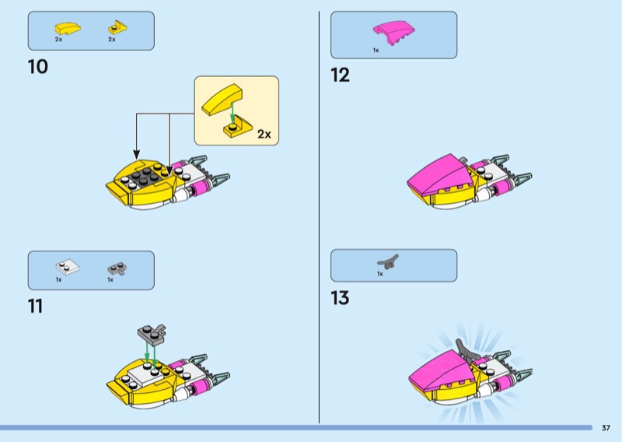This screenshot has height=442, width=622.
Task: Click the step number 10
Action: [37, 67]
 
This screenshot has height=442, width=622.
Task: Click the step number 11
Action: [35, 306]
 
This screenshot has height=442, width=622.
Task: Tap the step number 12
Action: [341, 75]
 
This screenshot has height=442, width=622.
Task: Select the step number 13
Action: [341, 298]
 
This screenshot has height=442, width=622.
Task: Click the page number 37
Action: [606, 428]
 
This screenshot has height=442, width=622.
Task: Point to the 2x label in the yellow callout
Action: [264, 134]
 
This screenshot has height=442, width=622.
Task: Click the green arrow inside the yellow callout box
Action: [232, 111]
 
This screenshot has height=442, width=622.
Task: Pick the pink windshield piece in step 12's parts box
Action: [393, 33]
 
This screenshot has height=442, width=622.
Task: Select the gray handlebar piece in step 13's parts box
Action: [388, 261]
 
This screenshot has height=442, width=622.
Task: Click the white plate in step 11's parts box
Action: [68, 267]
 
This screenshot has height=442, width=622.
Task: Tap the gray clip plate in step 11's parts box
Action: [117, 268]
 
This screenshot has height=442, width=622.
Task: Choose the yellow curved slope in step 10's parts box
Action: [68, 28]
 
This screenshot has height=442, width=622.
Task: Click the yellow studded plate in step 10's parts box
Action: [118, 28]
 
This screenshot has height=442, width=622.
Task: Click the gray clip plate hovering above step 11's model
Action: [152, 335]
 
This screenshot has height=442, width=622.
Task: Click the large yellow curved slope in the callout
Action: [222, 100]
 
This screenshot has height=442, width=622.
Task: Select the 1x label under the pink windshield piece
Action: [376, 51]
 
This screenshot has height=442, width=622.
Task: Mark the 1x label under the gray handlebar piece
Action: [380, 274]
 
